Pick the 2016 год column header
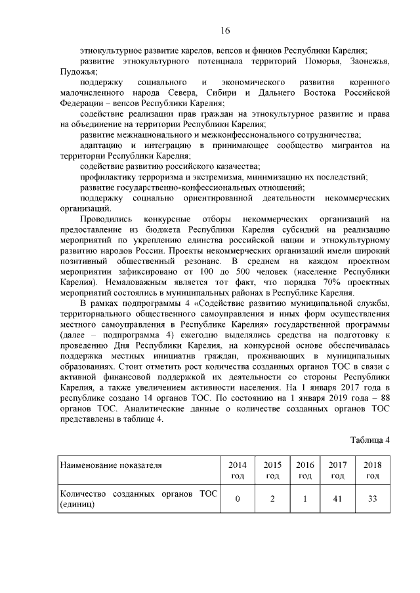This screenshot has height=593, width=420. pyautogui.click(x=305, y=470)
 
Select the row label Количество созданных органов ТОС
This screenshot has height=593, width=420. pyautogui.click(x=138, y=499)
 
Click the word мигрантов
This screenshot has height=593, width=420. pyautogui.click(x=356, y=145)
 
